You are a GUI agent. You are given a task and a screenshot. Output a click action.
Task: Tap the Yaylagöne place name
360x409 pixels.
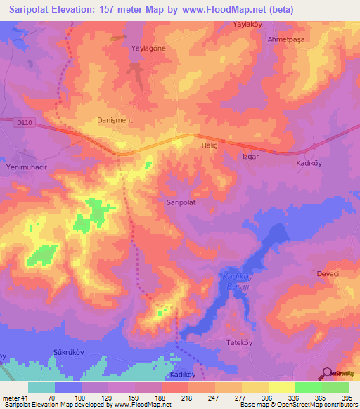pos(149,48)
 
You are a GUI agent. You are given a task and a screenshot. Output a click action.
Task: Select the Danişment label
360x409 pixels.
pos(114,120)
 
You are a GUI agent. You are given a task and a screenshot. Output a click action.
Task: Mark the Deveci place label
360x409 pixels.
pos(328,273)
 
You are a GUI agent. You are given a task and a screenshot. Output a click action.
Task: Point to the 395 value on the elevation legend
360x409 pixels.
pos(347,398)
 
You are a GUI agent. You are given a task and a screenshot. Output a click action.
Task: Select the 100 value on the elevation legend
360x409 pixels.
pos(80,398)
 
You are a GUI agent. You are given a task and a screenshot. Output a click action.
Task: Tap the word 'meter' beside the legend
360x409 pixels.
pos(11,398)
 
